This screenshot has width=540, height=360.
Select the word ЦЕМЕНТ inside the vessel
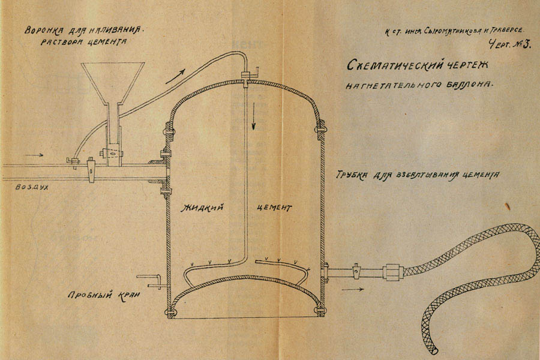275,208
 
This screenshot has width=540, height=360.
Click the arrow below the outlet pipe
355,289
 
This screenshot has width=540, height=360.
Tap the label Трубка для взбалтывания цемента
418,176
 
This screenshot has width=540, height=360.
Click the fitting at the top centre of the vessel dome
246,76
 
